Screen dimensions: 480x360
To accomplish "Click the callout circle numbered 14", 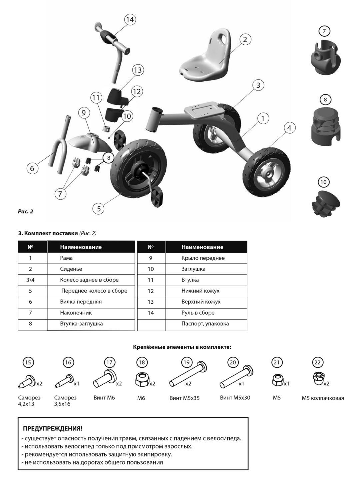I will point(130,20).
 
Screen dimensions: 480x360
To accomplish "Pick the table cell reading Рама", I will point(66,258).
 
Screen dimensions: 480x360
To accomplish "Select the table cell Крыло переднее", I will point(203,258).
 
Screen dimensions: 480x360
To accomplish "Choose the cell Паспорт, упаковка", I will point(205,324).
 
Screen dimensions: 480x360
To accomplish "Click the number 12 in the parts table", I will point(151,291).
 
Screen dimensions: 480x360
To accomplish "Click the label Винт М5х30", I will point(235,398).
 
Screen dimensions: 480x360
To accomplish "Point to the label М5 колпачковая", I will point(323,398).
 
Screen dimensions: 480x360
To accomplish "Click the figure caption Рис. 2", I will point(26,211).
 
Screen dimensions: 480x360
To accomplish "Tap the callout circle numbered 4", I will point(289,128).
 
